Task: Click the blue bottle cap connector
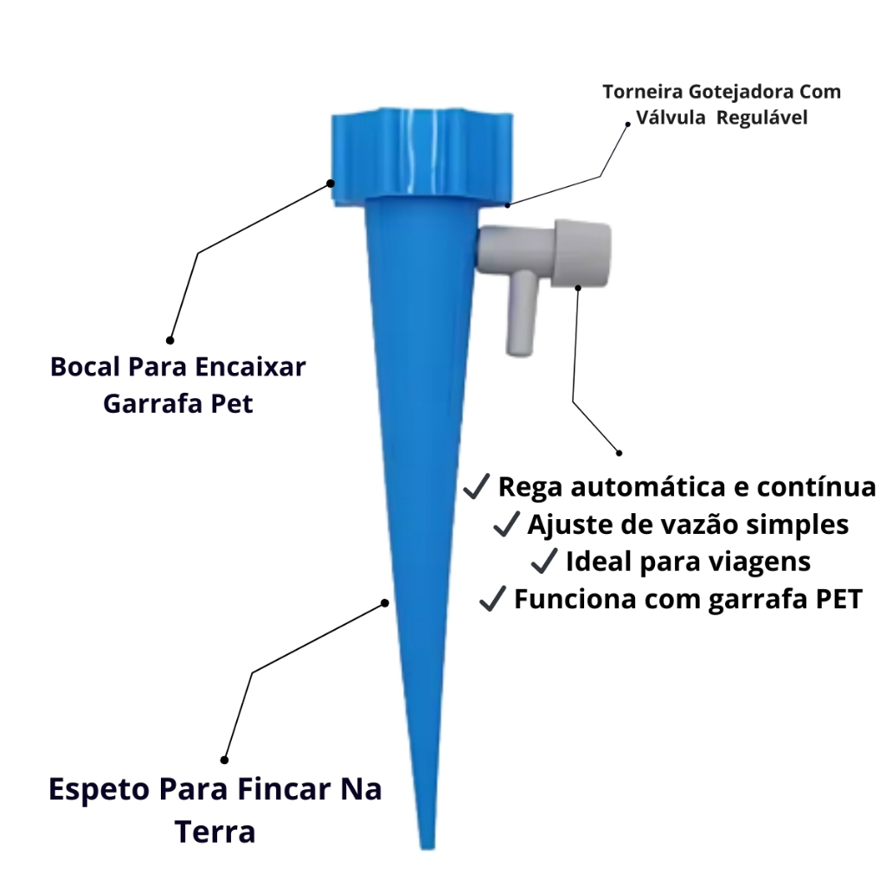coord(422,157)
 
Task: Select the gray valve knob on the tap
coord(582,254)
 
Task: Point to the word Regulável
coord(762,118)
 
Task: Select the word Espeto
coord(100,790)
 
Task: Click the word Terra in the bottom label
coord(215,832)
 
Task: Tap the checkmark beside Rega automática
coord(477,486)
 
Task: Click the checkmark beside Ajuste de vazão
coord(506,523)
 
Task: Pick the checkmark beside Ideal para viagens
coord(545,561)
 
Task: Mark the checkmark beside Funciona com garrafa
coord(492,599)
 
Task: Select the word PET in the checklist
coord(839,599)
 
